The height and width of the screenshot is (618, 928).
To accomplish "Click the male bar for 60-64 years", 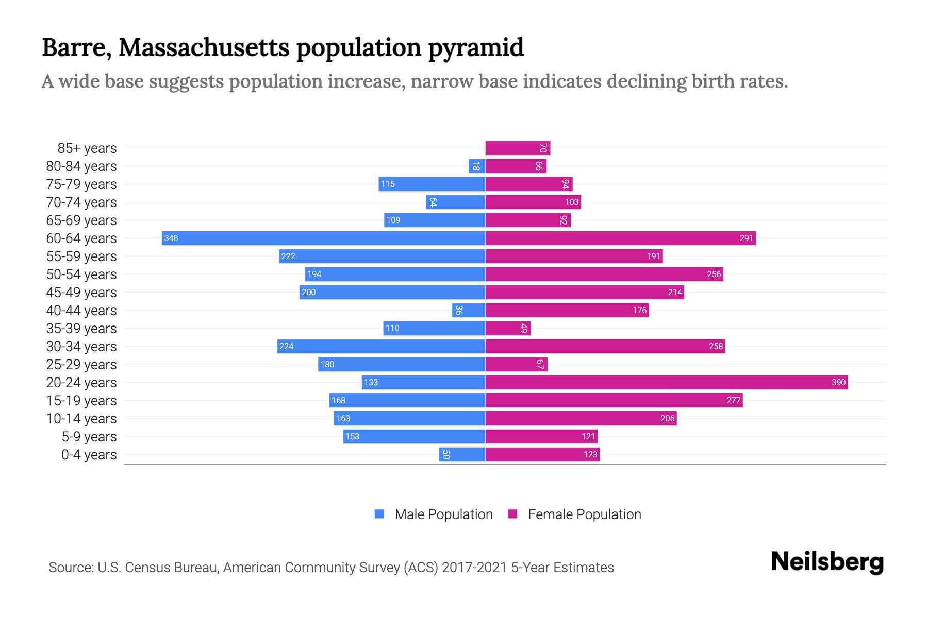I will (x=323, y=238).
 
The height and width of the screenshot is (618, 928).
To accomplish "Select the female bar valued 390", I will (x=666, y=382).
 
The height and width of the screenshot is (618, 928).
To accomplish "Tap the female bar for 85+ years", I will (x=518, y=148).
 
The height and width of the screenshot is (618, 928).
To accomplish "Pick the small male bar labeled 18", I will (x=477, y=166).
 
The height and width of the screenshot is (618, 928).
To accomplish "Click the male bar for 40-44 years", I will (x=469, y=311).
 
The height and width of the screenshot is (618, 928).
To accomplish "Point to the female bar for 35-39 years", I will (x=508, y=329).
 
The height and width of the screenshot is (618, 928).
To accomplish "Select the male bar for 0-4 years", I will (x=462, y=454).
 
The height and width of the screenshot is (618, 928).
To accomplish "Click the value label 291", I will (x=746, y=238).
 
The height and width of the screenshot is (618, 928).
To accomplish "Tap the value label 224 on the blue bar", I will (x=286, y=346).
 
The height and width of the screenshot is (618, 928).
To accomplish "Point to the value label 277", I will (x=733, y=400).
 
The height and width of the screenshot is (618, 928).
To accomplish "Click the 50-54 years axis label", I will (x=81, y=274).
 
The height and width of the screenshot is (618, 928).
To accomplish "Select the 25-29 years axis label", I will (x=81, y=365).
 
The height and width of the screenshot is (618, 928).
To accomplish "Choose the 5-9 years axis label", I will (x=89, y=437).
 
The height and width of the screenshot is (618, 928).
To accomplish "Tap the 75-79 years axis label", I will (x=81, y=184).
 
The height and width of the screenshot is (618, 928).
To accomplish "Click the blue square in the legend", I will (x=379, y=514).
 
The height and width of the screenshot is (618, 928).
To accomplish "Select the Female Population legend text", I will (x=584, y=514).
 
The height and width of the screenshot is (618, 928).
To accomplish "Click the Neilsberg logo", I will (x=827, y=562).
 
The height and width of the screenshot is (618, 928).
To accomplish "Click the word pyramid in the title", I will (x=475, y=47).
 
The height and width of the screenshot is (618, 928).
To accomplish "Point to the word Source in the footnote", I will (x=70, y=568).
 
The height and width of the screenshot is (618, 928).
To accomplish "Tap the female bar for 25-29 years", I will (x=516, y=365).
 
